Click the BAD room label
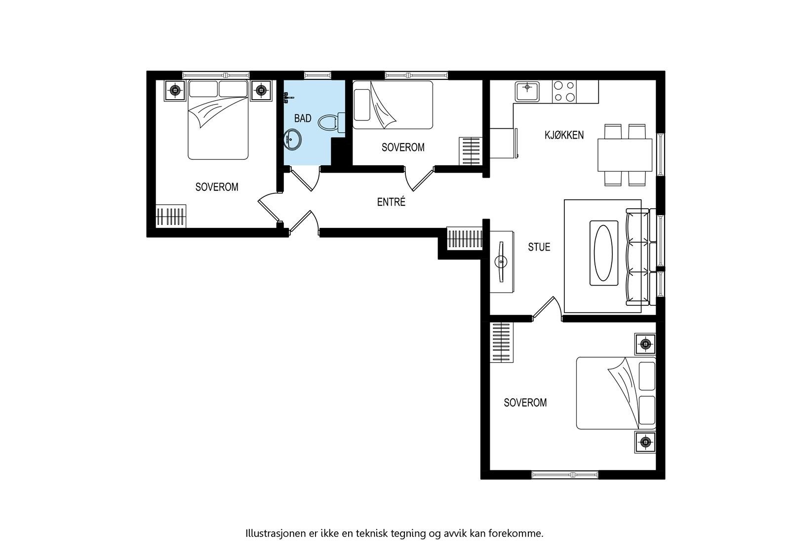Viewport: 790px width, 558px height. (303, 118)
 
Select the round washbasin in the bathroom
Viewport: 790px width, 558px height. (292, 139)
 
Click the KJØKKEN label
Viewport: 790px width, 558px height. (564, 135)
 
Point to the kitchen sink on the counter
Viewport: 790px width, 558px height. (527, 91)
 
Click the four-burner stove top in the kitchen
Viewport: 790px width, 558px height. (564, 91)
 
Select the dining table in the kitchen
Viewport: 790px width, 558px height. (625, 154)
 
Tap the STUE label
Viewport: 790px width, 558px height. (539, 247)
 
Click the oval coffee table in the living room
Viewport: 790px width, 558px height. (604, 253)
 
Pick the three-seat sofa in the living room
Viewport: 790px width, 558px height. (637, 257)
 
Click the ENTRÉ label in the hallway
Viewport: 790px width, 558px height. (391, 202)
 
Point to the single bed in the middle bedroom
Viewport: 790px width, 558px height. (393, 105)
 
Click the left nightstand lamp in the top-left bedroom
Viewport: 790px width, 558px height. (174, 90)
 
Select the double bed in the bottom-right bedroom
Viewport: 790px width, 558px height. (616, 393)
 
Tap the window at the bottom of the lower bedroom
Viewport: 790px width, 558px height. (565, 475)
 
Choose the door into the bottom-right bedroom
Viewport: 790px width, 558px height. (547, 309)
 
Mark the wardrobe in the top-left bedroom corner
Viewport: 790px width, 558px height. (171, 216)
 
